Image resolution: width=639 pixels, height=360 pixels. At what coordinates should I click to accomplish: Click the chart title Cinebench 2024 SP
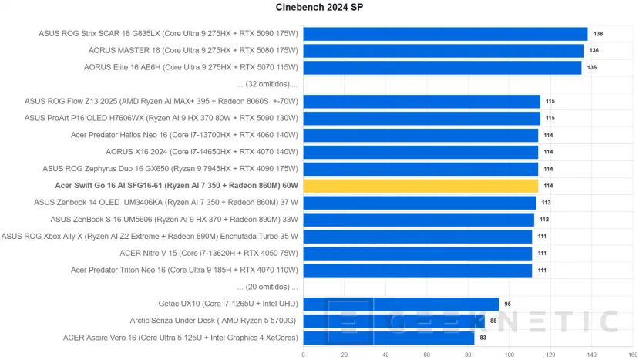[x=319, y=8]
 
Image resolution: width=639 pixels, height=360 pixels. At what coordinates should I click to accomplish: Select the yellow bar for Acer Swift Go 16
[x=420, y=186]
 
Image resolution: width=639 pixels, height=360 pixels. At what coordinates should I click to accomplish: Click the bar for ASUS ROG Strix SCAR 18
[x=445, y=34]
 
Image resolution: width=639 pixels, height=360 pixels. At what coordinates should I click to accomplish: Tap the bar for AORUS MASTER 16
[x=443, y=51]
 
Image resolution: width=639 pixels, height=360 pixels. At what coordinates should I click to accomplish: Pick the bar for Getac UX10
[x=401, y=304]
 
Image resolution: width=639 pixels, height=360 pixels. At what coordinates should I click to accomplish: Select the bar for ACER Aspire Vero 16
[x=388, y=338]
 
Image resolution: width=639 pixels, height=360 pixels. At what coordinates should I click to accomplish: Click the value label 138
[x=598, y=34]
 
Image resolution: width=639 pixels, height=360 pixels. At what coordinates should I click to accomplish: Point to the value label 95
[x=507, y=304]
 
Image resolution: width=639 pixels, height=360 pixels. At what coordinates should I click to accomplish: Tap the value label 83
[x=483, y=338]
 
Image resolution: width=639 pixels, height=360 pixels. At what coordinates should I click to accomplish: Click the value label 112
[x=544, y=220]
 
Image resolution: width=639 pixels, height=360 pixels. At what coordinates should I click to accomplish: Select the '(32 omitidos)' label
[x=267, y=84]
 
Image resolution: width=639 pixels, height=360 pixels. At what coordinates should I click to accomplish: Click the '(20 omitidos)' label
[x=267, y=287]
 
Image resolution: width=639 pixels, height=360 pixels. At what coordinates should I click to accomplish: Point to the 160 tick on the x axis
[x=632, y=354]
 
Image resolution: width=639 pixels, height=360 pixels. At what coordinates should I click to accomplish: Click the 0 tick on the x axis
[x=303, y=354]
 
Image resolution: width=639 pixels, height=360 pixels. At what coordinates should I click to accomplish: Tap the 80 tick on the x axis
[x=468, y=354]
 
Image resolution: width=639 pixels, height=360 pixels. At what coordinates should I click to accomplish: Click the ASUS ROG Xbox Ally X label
[x=150, y=236]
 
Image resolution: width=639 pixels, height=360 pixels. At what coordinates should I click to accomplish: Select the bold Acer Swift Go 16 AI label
[x=177, y=186]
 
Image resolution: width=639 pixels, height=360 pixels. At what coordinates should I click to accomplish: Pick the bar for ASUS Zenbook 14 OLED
[x=419, y=203]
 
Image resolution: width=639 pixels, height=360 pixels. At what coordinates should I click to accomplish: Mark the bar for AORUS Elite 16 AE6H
[x=442, y=68]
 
